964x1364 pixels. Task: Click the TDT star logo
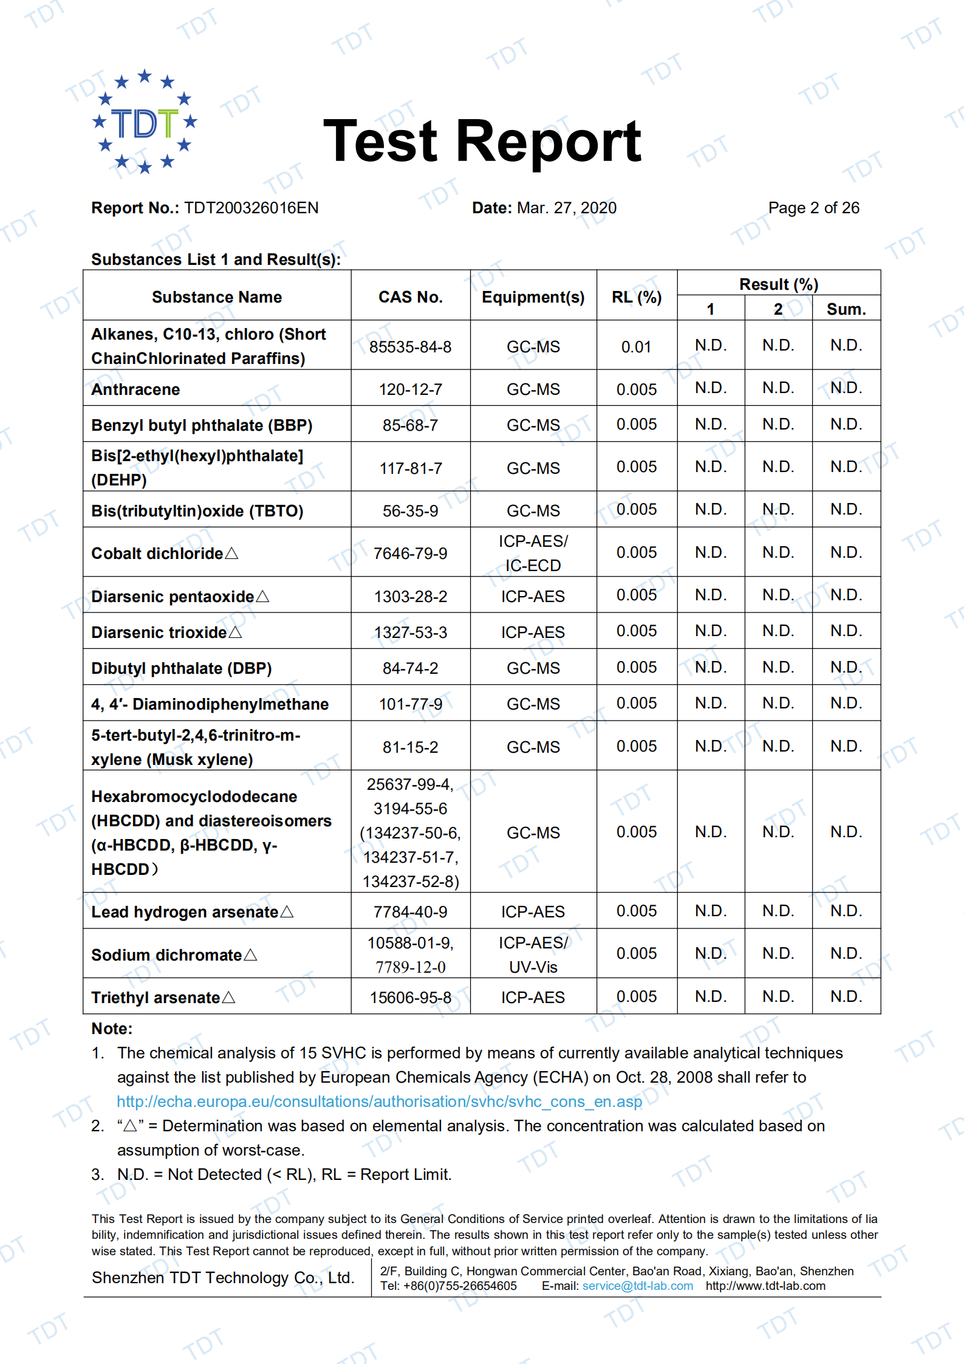tap(145, 122)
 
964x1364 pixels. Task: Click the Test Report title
tap(482, 142)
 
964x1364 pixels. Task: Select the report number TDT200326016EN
tap(251, 208)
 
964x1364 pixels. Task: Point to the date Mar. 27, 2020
tap(566, 208)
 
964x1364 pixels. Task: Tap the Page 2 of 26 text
tap(813, 208)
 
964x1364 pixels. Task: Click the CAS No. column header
tap(411, 297)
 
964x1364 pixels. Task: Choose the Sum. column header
tap(846, 309)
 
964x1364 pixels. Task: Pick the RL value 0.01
tap(636, 347)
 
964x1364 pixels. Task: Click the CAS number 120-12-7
tap(411, 389)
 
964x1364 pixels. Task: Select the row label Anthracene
tap(135, 389)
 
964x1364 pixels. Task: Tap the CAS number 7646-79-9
tap(411, 553)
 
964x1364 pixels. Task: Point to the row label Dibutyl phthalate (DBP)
tap(182, 668)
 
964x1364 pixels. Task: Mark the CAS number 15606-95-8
tap(411, 998)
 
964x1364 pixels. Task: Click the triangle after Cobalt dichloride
tap(231, 553)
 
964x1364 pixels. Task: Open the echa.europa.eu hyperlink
tap(379, 1102)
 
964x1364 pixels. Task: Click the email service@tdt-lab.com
tap(637, 1286)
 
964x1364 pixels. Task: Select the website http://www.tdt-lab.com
tap(765, 1286)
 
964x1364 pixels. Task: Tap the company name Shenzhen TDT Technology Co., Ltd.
tap(223, 1278)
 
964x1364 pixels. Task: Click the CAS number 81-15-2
tap(411, 747)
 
